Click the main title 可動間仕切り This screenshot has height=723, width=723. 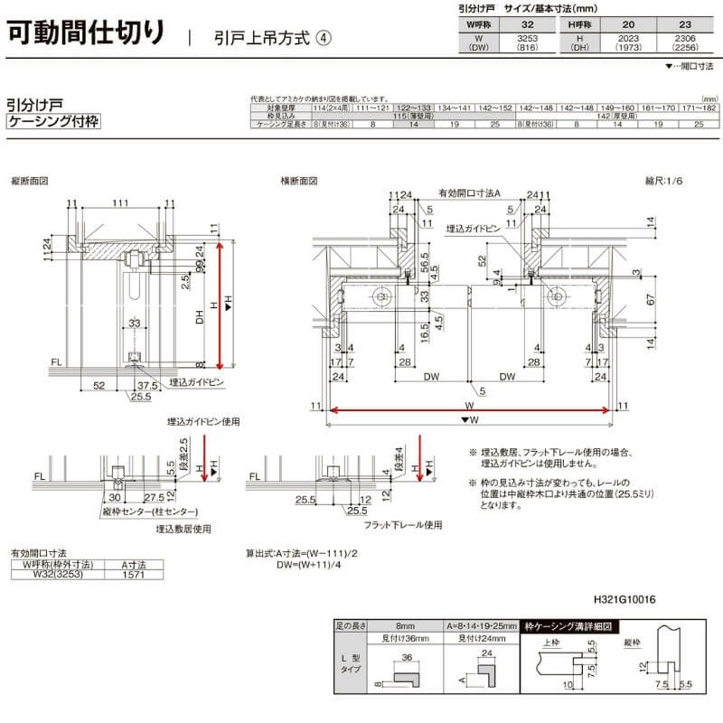click(x=87, y=33)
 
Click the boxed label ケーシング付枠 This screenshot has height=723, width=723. click(x=52, y=121)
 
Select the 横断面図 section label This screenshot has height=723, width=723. click(x=297, y=181)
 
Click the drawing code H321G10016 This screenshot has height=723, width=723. click(x=624, y=598)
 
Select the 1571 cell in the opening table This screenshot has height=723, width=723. click(x=133, y=573)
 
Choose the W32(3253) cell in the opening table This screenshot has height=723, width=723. click(x=52, y=573)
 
